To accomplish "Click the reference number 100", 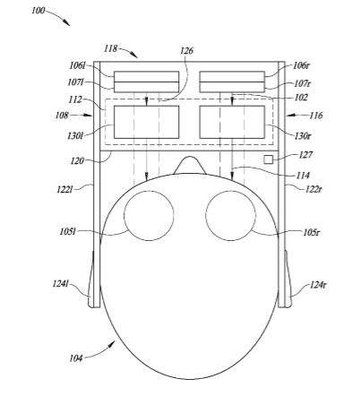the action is (39, 11).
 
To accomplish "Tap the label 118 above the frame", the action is (110, 48).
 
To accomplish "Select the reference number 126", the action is (186, 51).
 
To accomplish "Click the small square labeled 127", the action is (268, 159).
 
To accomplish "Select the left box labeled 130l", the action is (147, 122).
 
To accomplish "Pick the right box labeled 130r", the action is (232, 122).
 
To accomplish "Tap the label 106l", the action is (77, 65).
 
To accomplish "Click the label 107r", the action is (302, 83).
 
